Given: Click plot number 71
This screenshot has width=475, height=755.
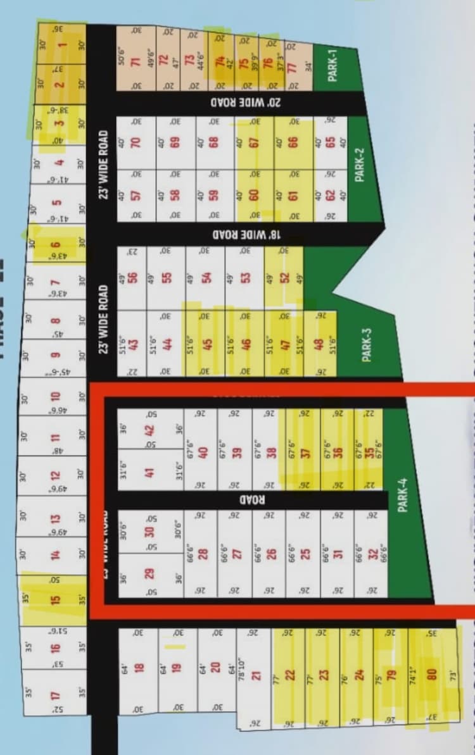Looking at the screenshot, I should click(x=135, y=61).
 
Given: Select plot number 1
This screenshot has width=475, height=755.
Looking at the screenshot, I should click(x=62, y=44).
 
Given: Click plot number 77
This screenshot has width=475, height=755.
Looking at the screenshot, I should click(x=292, y=68).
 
